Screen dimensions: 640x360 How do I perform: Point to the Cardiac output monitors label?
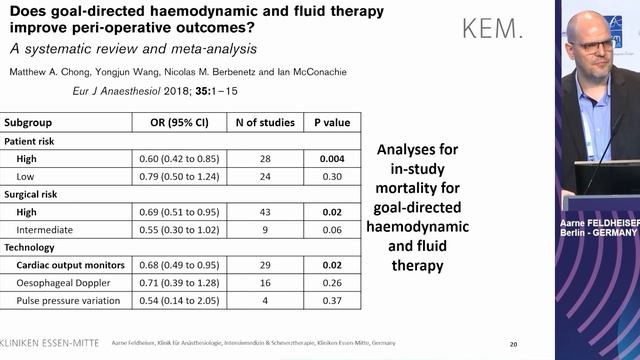pos(70,265)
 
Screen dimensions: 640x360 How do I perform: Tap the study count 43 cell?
pos(265,212)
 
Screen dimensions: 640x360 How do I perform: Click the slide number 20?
pos(513,343)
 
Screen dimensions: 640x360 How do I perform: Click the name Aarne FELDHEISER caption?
pos(598,217)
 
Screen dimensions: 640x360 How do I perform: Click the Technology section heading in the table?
pos(32,247)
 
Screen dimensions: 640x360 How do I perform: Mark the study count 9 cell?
pos(265,230)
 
